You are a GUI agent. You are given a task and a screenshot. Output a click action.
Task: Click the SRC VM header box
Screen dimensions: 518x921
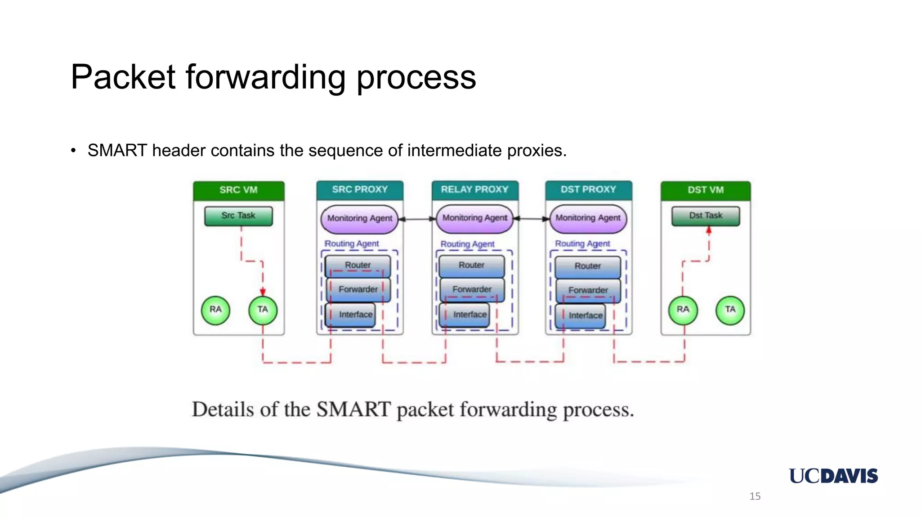[x=238, y=190]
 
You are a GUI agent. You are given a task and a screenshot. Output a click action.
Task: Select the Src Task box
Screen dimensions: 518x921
[x=238, y=216]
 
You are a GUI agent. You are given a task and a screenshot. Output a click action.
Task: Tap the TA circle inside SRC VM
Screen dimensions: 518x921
[x=263, y=310]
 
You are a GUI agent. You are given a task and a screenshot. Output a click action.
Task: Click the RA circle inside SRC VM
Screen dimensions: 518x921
[x=215, y=310]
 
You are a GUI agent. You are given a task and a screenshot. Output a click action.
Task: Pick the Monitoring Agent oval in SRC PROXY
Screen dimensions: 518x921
[x=359, y=219]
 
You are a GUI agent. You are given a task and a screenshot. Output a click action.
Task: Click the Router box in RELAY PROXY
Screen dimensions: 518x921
[x=471, y=266]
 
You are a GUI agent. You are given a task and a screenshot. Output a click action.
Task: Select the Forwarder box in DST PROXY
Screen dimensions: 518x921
[x=588, y=290]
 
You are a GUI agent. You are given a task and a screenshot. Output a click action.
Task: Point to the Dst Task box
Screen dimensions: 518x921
[x=705, y=216]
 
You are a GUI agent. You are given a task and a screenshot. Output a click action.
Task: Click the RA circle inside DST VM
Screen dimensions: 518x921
[x=683, y=310]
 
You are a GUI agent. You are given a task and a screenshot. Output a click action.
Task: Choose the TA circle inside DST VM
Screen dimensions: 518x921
[x=730, y=310]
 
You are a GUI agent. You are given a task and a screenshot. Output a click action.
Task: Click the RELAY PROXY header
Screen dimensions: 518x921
[x=474, y=190]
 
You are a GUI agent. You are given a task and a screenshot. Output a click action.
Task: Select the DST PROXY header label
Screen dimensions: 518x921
[x=588, y=190]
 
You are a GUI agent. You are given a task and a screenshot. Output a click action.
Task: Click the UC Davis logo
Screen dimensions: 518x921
[x=833, y=476]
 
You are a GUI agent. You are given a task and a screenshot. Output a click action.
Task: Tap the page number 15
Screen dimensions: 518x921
[x=755, y=496]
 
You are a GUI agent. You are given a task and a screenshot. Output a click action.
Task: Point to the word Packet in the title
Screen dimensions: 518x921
[x=123, y=77]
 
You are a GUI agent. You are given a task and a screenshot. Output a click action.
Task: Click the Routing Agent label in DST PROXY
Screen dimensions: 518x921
[x=582, y=244]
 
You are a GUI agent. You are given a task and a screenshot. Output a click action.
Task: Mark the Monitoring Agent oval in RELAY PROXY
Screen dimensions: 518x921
[x=474, y=219]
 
